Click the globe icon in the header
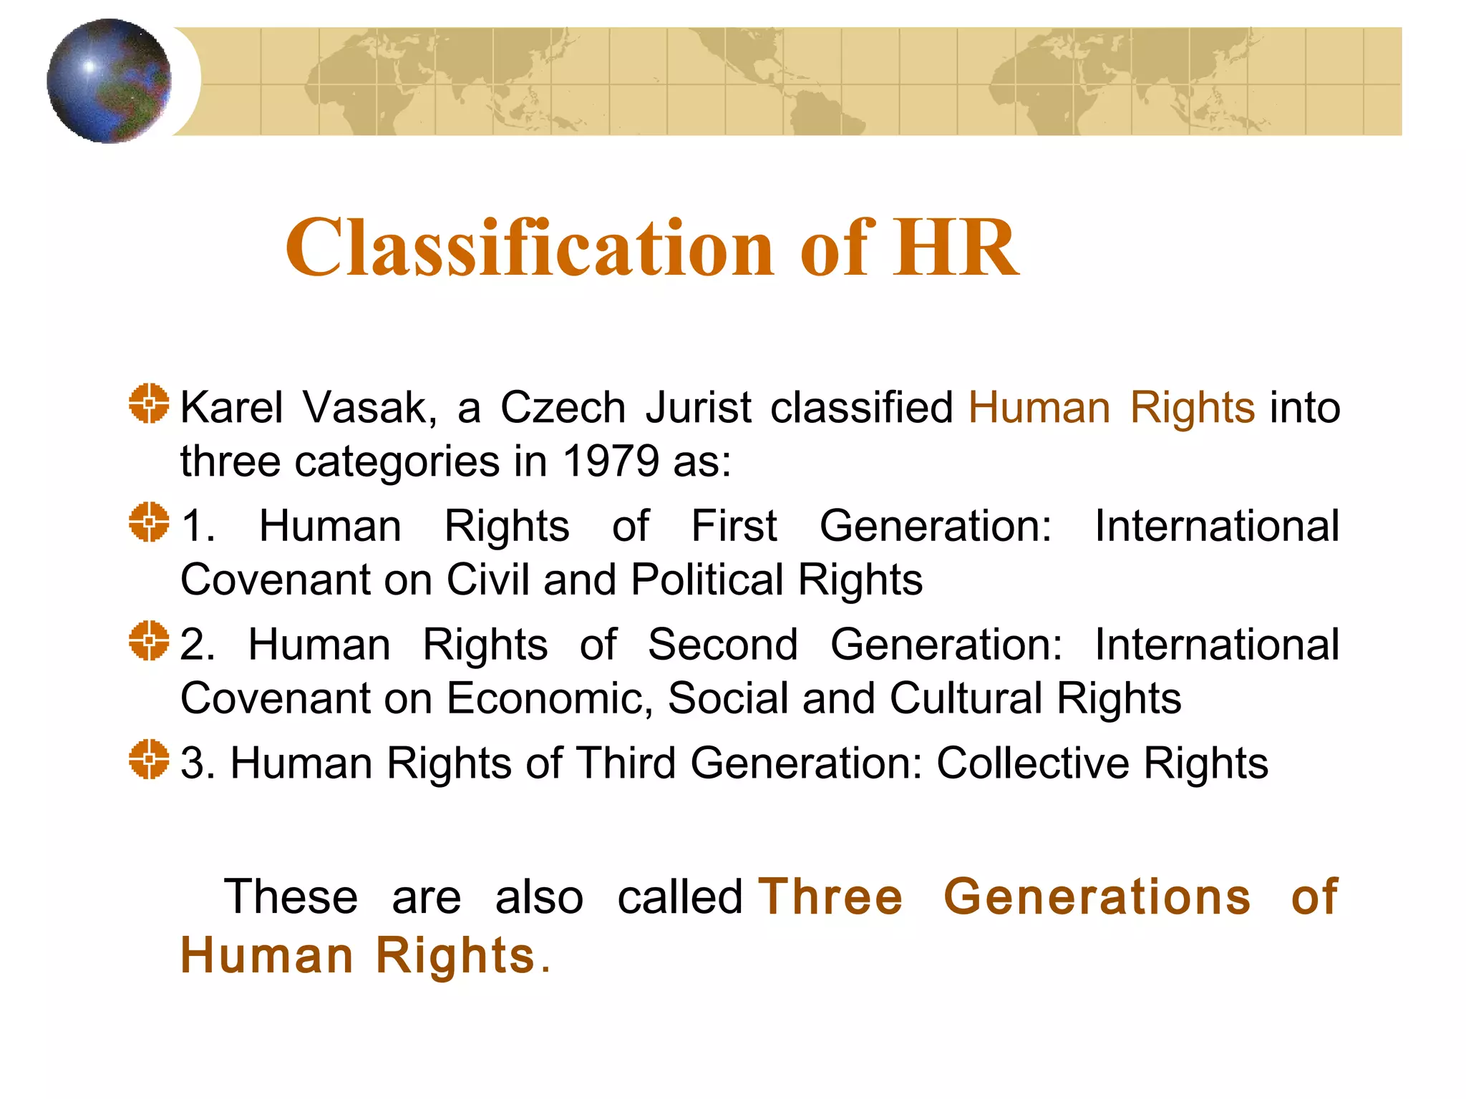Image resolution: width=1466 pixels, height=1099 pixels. [x=109, y=81]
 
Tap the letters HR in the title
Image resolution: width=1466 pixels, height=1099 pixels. [x=956, y=248]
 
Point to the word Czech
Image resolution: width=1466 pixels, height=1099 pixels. [x=563, y=408]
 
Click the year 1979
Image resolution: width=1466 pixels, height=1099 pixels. [x=611, y=461]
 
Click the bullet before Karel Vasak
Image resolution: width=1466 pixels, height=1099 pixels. [x=149, y=404]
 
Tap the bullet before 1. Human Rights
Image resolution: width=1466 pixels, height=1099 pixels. [x=149, y=522]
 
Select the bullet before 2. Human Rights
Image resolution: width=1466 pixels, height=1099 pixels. [x=149, y=640]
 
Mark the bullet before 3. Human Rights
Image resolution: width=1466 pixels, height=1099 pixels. [x=149, y=759]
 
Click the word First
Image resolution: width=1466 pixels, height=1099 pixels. [x=734, y=527]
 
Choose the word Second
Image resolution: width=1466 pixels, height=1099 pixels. [x=722, y=645]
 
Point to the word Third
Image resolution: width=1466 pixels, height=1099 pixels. [x=626, y=763]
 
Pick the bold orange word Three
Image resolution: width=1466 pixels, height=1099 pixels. [x=830, y=897]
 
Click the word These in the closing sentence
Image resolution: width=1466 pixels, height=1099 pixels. [x=291, y=897]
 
